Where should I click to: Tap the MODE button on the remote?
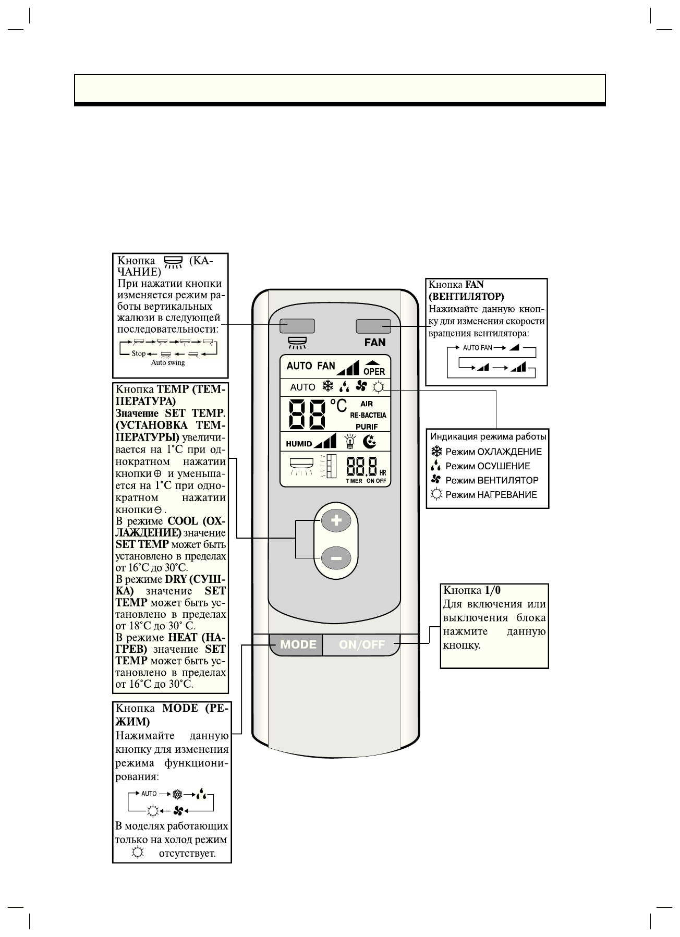[298, 644]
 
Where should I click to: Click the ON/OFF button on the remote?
[361, 645]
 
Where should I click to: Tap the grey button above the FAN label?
[373, 326]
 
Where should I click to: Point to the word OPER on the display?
[374, 372]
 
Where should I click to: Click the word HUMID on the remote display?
[299, 444]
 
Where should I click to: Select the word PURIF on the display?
[367, 427]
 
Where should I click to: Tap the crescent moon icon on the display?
[369, 442]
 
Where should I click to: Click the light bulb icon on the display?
[350, 442]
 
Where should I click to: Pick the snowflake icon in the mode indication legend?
[436, 452]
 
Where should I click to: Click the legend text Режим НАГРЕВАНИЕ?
[491, 495]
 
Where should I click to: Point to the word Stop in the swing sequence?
[139, 354]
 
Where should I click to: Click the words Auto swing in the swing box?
[168, 363]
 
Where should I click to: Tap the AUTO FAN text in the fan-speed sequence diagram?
[477, 347]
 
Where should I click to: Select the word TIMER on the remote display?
[354, 481]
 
